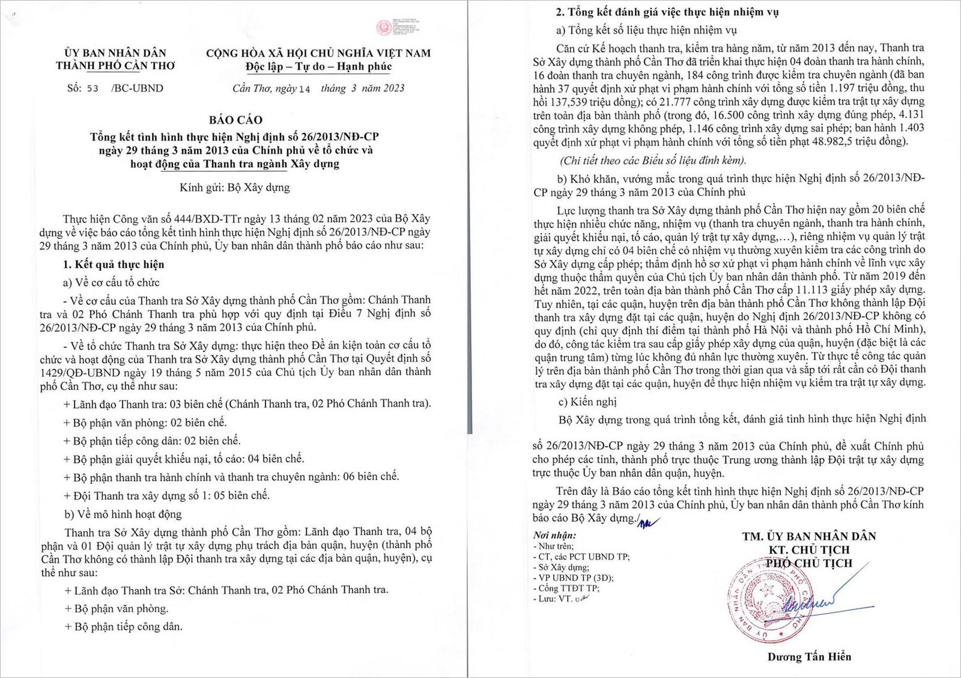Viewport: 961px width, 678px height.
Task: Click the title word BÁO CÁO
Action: click(235, 120)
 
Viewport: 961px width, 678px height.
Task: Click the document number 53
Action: click(92, 88)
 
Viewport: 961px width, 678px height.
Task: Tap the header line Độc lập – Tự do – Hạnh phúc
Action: click(318, 67)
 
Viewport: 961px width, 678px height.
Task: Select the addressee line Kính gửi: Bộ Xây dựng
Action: click(234, 187)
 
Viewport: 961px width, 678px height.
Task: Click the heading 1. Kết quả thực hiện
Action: click(114, 264)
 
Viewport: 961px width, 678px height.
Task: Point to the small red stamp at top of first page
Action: click(384, 28)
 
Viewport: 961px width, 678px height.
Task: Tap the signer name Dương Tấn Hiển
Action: click(808, 656)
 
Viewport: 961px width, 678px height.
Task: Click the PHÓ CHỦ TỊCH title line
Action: click(808, 563)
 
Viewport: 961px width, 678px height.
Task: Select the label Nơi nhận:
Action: click(554, 535)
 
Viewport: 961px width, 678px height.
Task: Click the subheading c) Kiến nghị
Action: click(587, 401)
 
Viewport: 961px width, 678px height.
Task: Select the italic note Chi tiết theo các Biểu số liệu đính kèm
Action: click(653, 160)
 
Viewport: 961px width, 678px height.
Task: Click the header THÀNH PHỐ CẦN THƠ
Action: click(115, 66)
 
